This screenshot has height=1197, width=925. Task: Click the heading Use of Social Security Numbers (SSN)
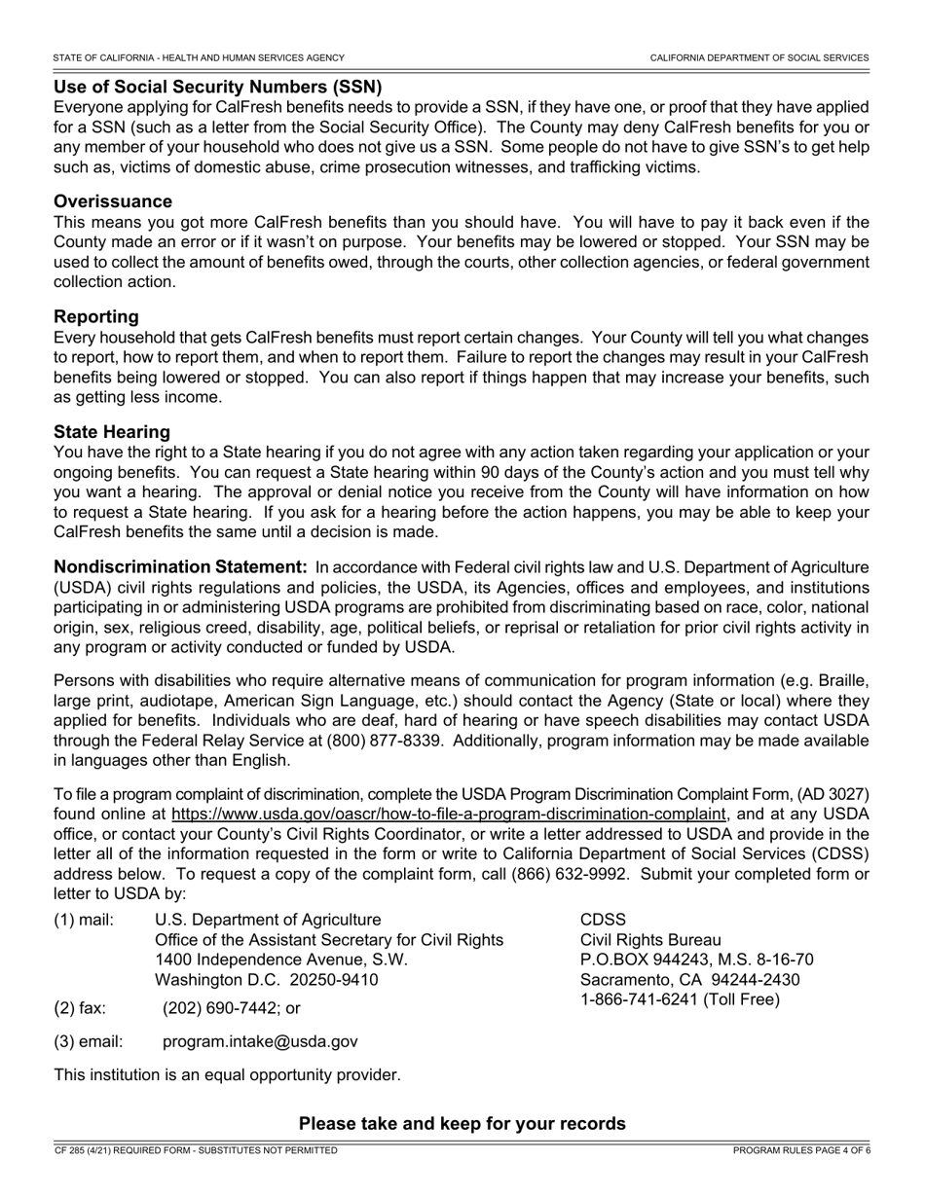(217, 87)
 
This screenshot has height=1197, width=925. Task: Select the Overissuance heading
(113, 201)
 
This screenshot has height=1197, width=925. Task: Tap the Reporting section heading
(96, 316)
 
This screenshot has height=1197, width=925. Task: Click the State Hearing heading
(112, 431)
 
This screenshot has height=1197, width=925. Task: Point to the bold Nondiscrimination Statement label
(181, 566)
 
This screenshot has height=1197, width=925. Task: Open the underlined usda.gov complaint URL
(449, 814)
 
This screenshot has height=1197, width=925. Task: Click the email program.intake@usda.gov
(260, 1041)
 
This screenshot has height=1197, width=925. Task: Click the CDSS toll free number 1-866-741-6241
(635, 999)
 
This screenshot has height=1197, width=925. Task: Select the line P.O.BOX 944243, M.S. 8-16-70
(696, 960)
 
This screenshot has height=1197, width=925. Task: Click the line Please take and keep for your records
(462, 1124)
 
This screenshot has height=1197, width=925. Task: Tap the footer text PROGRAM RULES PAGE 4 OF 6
(801, 1150)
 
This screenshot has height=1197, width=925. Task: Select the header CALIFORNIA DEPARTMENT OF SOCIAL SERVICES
(759, 58)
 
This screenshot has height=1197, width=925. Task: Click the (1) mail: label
(84, 920)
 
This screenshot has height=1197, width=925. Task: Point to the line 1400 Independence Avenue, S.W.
(281, 960)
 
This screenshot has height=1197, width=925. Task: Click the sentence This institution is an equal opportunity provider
(227, 1075)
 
